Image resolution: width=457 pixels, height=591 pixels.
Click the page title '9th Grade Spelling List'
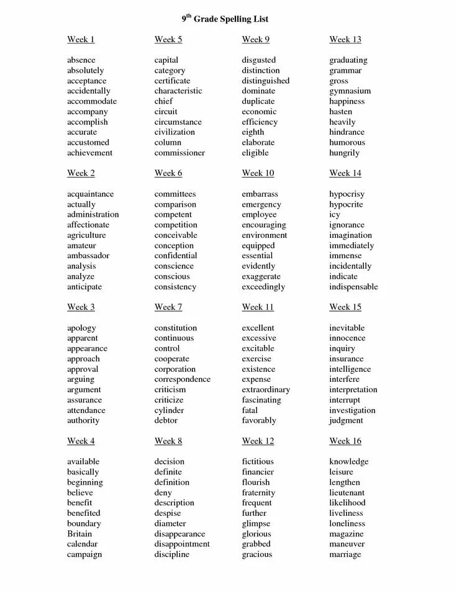(225, 19)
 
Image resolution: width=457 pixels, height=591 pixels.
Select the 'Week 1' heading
(81, 40)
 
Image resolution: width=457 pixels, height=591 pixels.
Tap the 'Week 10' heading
(258, 173)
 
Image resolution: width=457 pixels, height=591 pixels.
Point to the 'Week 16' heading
(345, 441)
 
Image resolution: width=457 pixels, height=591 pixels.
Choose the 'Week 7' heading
(168, 307)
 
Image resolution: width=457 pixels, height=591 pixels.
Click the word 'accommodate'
(92, 101)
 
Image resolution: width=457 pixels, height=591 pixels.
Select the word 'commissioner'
(179, 153)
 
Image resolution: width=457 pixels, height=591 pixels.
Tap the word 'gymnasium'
(350, 91)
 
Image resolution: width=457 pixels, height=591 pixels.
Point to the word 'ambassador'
(88, 256)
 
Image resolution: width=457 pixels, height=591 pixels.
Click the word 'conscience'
(174, 266)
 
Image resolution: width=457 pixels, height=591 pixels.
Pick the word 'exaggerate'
(261, 276)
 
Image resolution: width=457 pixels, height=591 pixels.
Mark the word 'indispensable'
(353, 287)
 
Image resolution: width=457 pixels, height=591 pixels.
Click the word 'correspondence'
(183, 379)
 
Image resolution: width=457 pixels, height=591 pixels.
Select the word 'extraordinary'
(266, 390)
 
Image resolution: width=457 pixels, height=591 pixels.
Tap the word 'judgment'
(346, 421)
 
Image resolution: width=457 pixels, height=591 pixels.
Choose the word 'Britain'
(79, 534)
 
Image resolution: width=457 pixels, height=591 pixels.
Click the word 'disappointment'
(182, 544)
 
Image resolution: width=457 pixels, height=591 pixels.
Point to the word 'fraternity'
(258, 493)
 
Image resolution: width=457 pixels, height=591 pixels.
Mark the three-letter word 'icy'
(335, 215)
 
